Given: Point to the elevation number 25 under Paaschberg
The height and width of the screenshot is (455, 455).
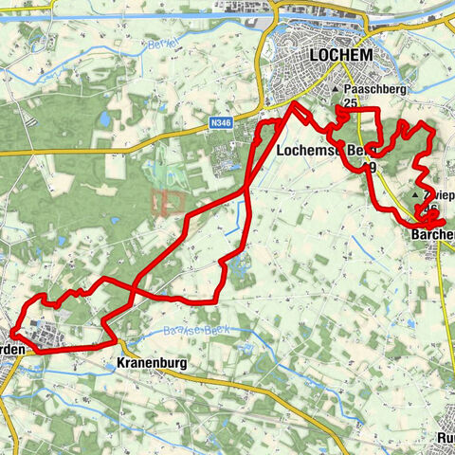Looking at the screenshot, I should [350, 103].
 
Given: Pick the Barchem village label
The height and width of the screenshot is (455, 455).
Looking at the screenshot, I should [433, 234].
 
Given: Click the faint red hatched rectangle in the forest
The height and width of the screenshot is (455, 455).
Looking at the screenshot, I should [169, 201].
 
